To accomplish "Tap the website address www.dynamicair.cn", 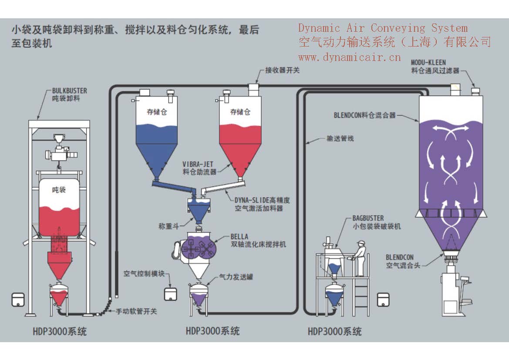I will pos(349,57).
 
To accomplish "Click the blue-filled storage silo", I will pos(155,139).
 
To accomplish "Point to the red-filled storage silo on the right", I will pos(240,139).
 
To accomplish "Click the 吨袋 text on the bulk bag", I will pos(58,190).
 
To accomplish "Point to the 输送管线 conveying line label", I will pos(340,139).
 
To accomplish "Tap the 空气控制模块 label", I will pos(144,274).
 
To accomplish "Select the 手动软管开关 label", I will pos(136,312).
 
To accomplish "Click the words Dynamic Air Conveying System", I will pos(383,28).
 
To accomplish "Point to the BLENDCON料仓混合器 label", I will pos(365,116).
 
